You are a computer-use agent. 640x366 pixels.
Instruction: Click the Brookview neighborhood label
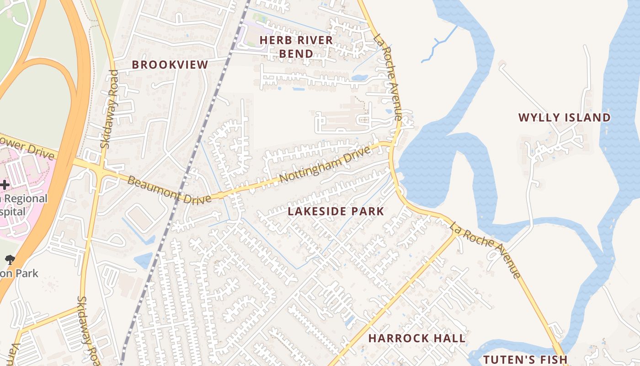(170, 65)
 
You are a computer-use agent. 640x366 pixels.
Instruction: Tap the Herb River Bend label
(296, 47)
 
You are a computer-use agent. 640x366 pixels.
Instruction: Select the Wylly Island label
(564, 118)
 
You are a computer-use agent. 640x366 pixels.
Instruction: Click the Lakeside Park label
(336, 211)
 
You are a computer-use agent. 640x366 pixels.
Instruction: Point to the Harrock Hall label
(417, 339)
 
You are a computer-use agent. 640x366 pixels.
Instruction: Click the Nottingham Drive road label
(323, 165)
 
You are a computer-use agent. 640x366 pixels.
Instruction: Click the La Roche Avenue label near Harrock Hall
(485, 250)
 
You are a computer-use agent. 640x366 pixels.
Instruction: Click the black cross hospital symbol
(5, 185)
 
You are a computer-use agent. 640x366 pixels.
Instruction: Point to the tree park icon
(9, 260)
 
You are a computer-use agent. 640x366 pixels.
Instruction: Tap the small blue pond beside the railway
(144, 260)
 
